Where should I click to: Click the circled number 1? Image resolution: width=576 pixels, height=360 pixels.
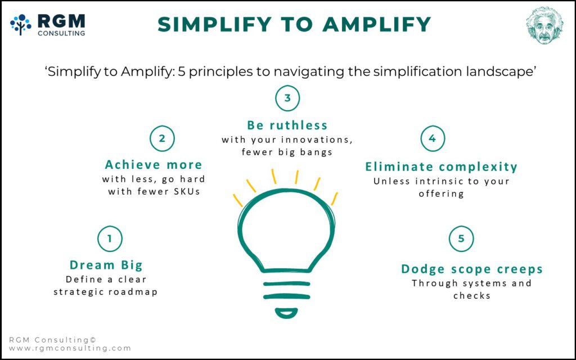(110, 239)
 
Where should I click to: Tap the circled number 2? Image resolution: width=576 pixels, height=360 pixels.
(162, 138)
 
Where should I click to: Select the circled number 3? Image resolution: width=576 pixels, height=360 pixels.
(287, 98)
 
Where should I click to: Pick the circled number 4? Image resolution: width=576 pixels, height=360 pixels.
(433, 138)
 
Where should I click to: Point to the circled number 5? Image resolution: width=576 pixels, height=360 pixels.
(461, 238)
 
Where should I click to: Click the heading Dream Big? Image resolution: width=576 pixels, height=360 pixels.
(106, 265)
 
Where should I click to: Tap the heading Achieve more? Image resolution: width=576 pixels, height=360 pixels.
(153, 165)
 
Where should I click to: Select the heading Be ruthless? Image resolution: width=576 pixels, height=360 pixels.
(287, 125)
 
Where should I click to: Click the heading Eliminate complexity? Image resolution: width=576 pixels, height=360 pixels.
(441, 166)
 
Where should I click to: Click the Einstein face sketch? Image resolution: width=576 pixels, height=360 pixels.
(544, 25)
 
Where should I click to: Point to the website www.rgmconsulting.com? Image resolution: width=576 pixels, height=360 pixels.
(70, 348)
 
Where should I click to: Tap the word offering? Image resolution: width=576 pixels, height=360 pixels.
(441, 194)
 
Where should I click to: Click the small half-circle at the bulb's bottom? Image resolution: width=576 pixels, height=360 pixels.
(287, 312)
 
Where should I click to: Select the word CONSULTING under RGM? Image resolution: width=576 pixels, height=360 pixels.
(61, 34)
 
